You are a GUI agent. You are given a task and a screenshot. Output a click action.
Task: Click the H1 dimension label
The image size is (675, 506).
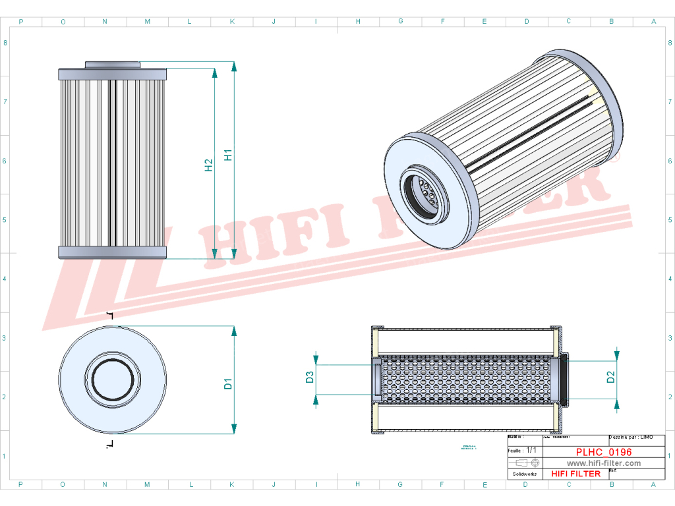(228, 155)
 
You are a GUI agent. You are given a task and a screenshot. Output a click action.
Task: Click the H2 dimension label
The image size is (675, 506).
(208, 165)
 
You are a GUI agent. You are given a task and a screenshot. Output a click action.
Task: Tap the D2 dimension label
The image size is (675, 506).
(610, 377)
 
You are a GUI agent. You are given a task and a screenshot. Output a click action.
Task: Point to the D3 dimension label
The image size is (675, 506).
(308, 377)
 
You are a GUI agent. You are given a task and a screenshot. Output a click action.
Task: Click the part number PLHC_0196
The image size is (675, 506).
(603, 453)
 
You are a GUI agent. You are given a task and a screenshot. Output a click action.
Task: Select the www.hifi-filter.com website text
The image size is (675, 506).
(604, 463)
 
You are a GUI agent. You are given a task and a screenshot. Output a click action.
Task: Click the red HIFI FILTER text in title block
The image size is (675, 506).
(575, 474)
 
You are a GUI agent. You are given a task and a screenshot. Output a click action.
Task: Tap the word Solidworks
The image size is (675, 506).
(525, 474)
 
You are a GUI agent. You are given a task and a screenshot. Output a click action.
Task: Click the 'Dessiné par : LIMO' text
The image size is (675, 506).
(631, 437)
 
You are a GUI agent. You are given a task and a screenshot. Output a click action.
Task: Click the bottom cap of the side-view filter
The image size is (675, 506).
(113, 252)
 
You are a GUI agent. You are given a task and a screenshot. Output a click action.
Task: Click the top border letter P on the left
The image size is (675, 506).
(21, 22)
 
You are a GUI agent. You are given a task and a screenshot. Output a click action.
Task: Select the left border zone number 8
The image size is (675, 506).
(5, 43)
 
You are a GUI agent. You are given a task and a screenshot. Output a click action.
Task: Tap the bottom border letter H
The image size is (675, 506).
(358, 484)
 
